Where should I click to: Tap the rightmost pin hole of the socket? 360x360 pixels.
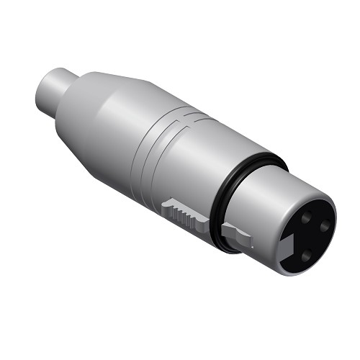[325, 226]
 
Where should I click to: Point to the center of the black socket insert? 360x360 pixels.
[305, 233]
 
